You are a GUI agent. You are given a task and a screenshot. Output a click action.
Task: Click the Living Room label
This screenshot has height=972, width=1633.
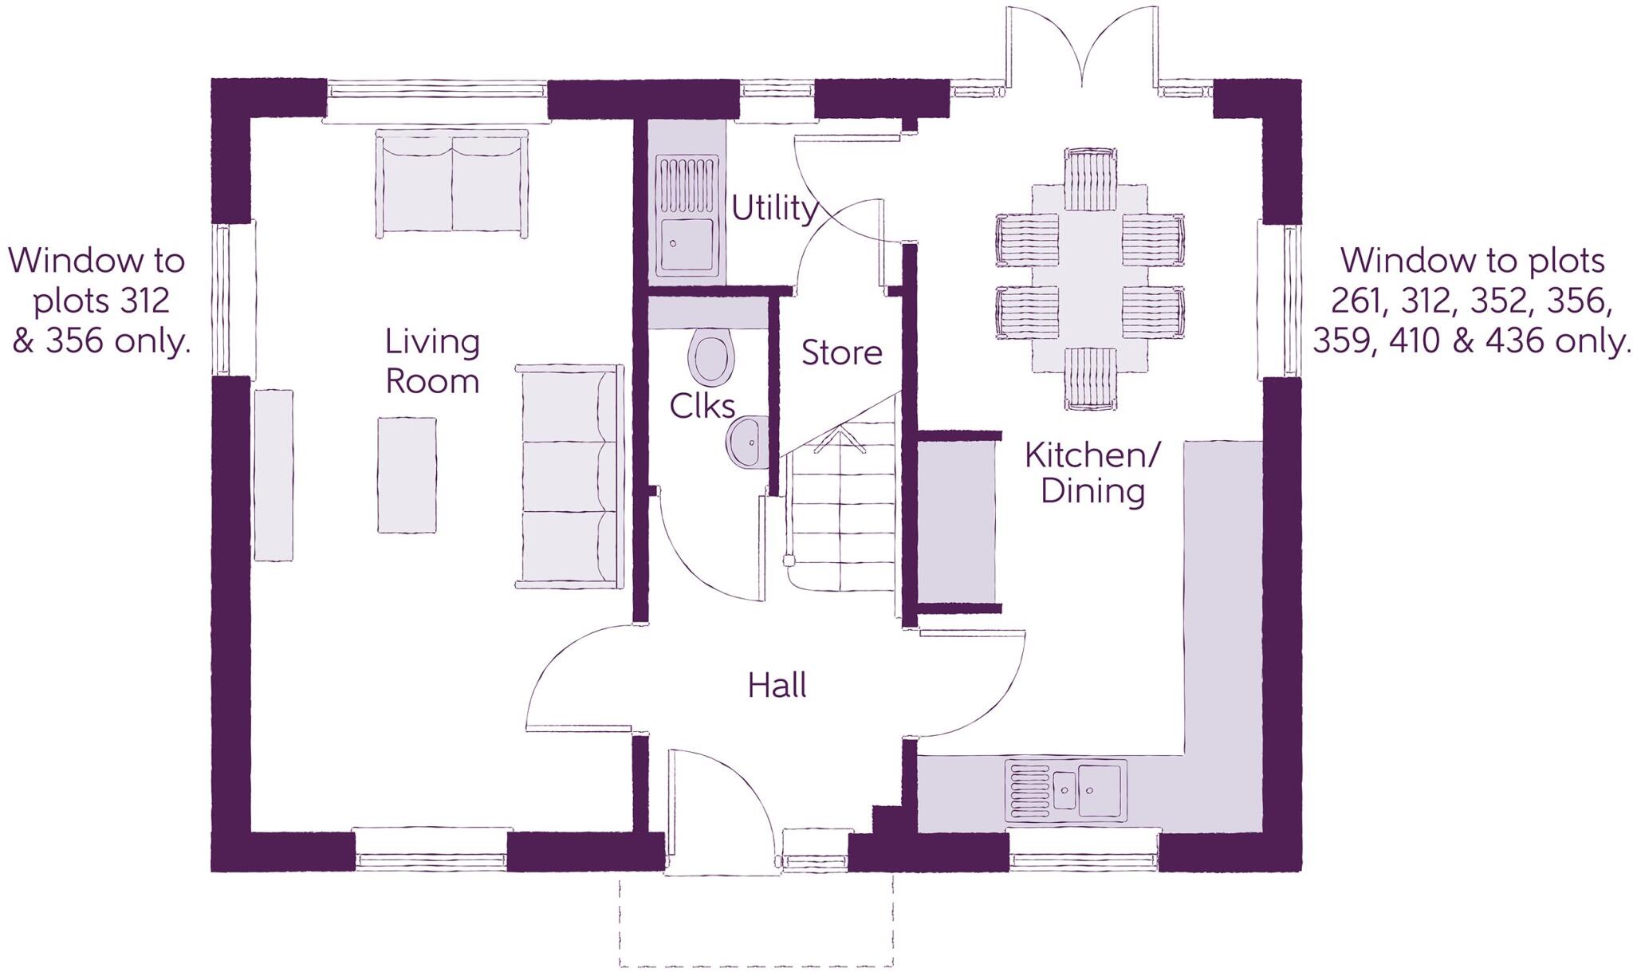432,361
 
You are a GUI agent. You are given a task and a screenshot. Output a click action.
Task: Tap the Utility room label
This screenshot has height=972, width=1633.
774,209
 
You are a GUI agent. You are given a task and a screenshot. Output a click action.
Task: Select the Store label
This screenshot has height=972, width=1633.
841,352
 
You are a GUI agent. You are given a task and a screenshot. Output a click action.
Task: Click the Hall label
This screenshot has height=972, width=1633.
777,686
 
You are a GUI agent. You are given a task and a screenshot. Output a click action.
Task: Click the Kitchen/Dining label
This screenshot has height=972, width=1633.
1092,473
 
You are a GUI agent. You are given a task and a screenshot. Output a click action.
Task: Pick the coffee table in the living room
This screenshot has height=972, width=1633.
407,474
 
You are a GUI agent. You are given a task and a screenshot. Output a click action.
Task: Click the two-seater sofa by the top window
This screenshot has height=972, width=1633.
452,184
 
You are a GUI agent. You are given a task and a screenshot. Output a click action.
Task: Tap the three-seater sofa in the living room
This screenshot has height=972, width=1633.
569,477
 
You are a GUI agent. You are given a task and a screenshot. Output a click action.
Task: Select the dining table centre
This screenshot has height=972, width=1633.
1090,279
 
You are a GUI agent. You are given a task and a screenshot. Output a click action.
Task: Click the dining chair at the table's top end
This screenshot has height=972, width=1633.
1090,179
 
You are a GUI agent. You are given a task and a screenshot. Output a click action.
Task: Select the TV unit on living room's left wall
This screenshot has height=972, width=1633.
273,476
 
